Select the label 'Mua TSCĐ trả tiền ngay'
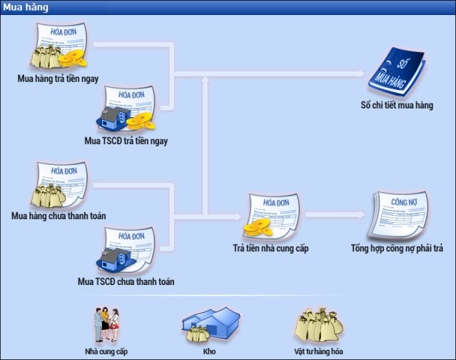[x=126, y=141]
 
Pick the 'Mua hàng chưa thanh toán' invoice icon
[x=59, y=185]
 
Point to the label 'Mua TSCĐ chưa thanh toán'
[x=126, y=281]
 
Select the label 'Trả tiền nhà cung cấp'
[x=270, y=249]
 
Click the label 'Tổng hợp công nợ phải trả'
[x=397, y=249]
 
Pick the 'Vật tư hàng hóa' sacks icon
[x=318, y=325]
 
